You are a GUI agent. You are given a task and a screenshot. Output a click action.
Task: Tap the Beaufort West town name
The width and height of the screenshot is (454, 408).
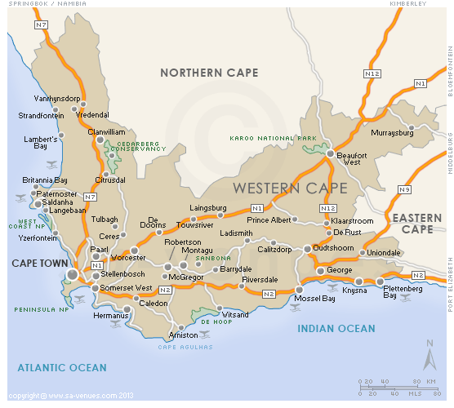point(350,157)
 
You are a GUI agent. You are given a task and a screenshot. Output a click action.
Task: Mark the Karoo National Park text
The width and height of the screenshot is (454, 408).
point(273,139)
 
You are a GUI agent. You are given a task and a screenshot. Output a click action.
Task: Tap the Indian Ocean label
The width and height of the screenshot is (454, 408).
point(336,329)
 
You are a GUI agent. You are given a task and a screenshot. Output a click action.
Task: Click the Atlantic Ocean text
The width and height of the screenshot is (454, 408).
point(62,368)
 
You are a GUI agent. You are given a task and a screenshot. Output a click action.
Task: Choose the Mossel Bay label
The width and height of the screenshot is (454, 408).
point(314,299)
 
